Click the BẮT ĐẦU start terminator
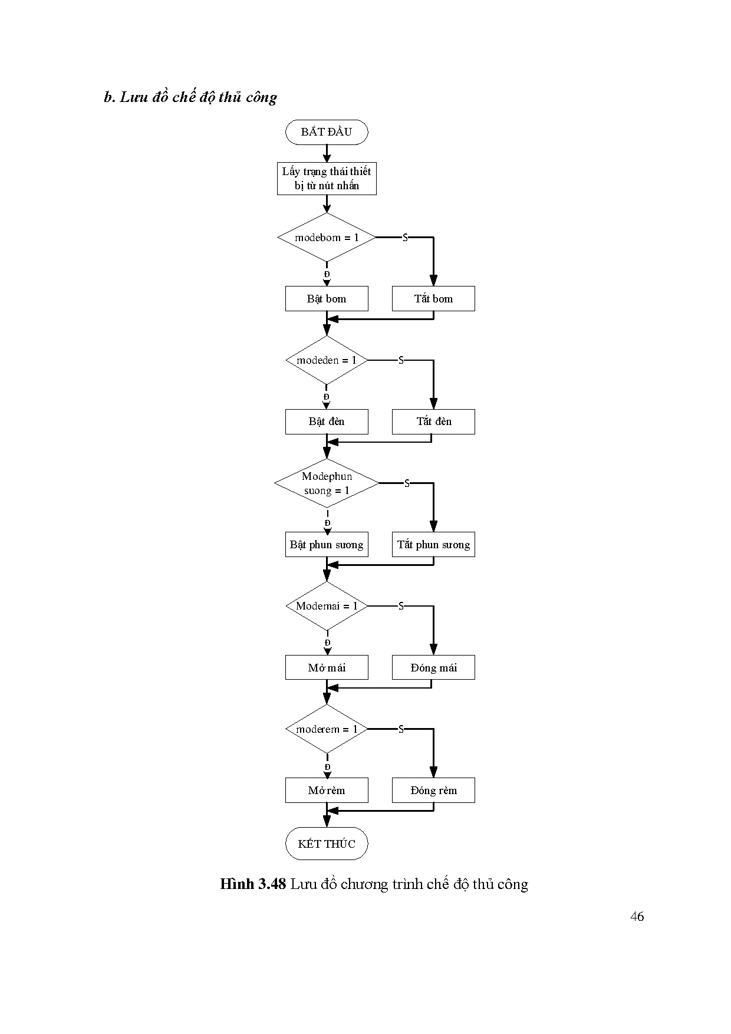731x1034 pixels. point(327,132)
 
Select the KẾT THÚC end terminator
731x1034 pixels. point(327,844)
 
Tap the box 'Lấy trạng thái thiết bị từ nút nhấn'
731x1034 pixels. point(327,179)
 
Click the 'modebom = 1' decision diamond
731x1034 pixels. point(327,238)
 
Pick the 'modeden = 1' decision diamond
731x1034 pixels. point(327,360)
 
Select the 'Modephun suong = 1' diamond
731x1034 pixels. point(327,483)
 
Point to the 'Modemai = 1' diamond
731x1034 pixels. point(327,606)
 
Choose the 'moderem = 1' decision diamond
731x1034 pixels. point(327,729)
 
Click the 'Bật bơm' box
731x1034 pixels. point(327,299)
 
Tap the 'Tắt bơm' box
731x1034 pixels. point(433,299)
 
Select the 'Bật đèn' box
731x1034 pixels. point(327,421)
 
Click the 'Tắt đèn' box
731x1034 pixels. point(433,421)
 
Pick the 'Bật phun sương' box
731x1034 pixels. point(327,545)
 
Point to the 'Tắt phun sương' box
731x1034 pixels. point(433,545)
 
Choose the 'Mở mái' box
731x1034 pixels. point(327,667)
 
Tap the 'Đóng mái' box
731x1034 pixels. point(433,667)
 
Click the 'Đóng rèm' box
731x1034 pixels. point(433,791)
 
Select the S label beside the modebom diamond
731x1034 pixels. point(405,238)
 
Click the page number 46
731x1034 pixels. point(637,916)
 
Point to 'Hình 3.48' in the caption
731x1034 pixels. point(253,884)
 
